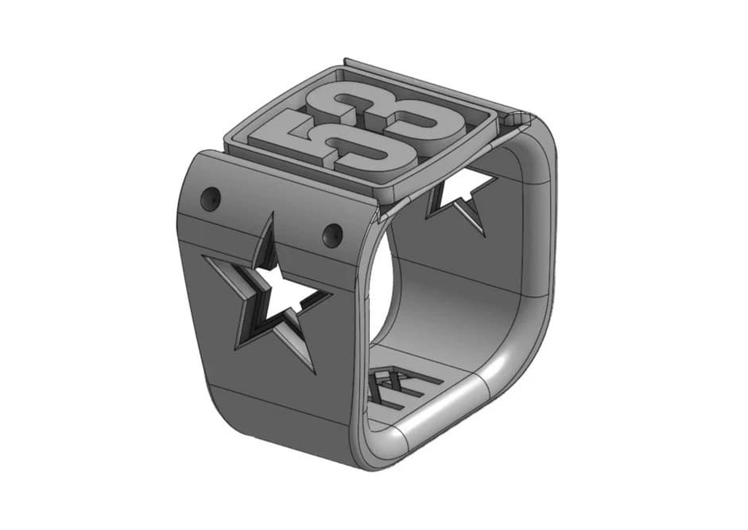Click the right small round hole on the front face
[332, 234]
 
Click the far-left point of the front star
[205, 257]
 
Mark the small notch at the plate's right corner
[521, 119]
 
